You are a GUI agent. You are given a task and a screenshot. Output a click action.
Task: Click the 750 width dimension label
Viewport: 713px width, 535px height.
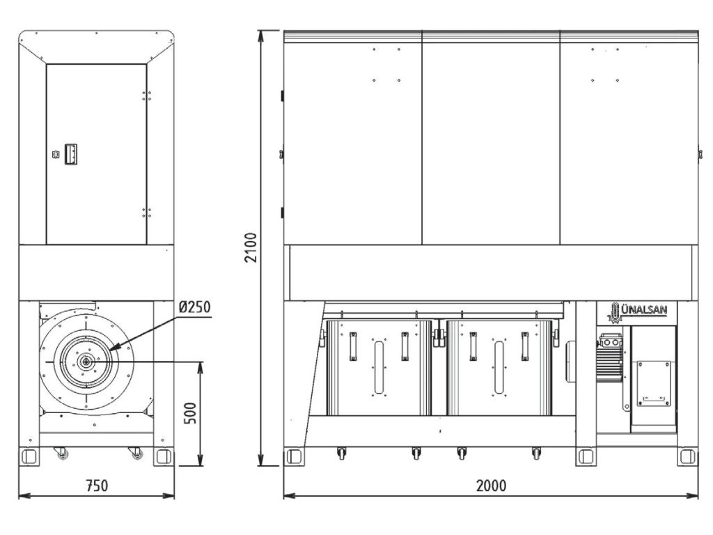(97, 486)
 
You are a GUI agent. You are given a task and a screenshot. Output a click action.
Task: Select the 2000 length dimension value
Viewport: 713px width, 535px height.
(491, 486)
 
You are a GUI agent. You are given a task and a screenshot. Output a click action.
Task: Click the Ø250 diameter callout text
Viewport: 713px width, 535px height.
(192, 307)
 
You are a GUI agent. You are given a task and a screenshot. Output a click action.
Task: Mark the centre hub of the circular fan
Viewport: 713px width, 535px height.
(84, 361)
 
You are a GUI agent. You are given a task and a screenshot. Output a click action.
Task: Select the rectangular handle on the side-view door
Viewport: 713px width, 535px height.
(70, 154)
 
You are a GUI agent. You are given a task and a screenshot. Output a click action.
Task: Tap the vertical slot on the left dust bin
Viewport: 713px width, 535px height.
(378, 366)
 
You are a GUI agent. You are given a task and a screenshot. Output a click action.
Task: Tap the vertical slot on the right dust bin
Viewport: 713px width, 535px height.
(498, 366)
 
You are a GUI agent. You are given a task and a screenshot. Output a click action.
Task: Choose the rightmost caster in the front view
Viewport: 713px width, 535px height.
(536, 453)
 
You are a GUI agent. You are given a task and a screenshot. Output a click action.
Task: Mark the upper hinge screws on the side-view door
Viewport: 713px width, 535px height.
(147, 94)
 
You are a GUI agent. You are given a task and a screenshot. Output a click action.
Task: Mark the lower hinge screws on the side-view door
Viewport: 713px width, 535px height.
(147, 212)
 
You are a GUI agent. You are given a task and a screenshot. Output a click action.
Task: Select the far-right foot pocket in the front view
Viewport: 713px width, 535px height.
(687, 457)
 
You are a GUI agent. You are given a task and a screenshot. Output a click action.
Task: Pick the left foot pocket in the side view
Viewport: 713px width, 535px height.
(29, 456)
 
